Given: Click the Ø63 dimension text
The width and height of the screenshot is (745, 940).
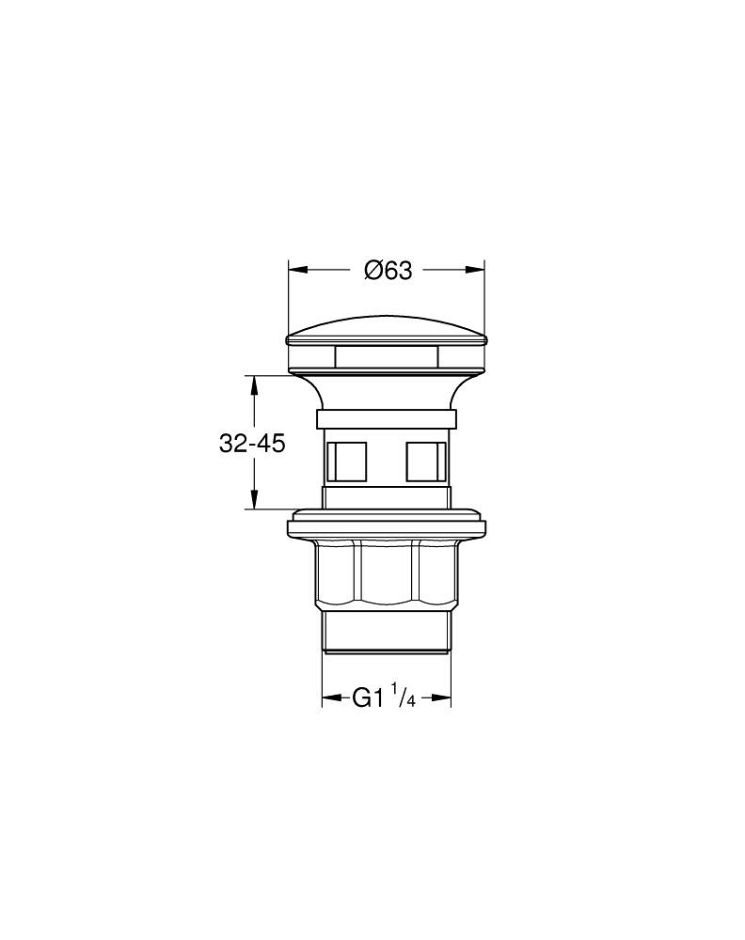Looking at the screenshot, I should click(x=388, y=271).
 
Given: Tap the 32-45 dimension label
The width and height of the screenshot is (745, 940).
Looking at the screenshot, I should click(x=251, y=444).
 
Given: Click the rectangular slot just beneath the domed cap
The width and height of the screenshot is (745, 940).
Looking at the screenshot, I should click(x=387, y=357).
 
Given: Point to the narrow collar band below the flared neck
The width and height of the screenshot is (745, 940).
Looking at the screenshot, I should click(x=387, y=420).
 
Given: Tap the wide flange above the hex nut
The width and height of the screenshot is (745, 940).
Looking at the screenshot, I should click(x=387, y=527).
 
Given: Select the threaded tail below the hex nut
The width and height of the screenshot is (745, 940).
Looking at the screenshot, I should click(x=387, y=628).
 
